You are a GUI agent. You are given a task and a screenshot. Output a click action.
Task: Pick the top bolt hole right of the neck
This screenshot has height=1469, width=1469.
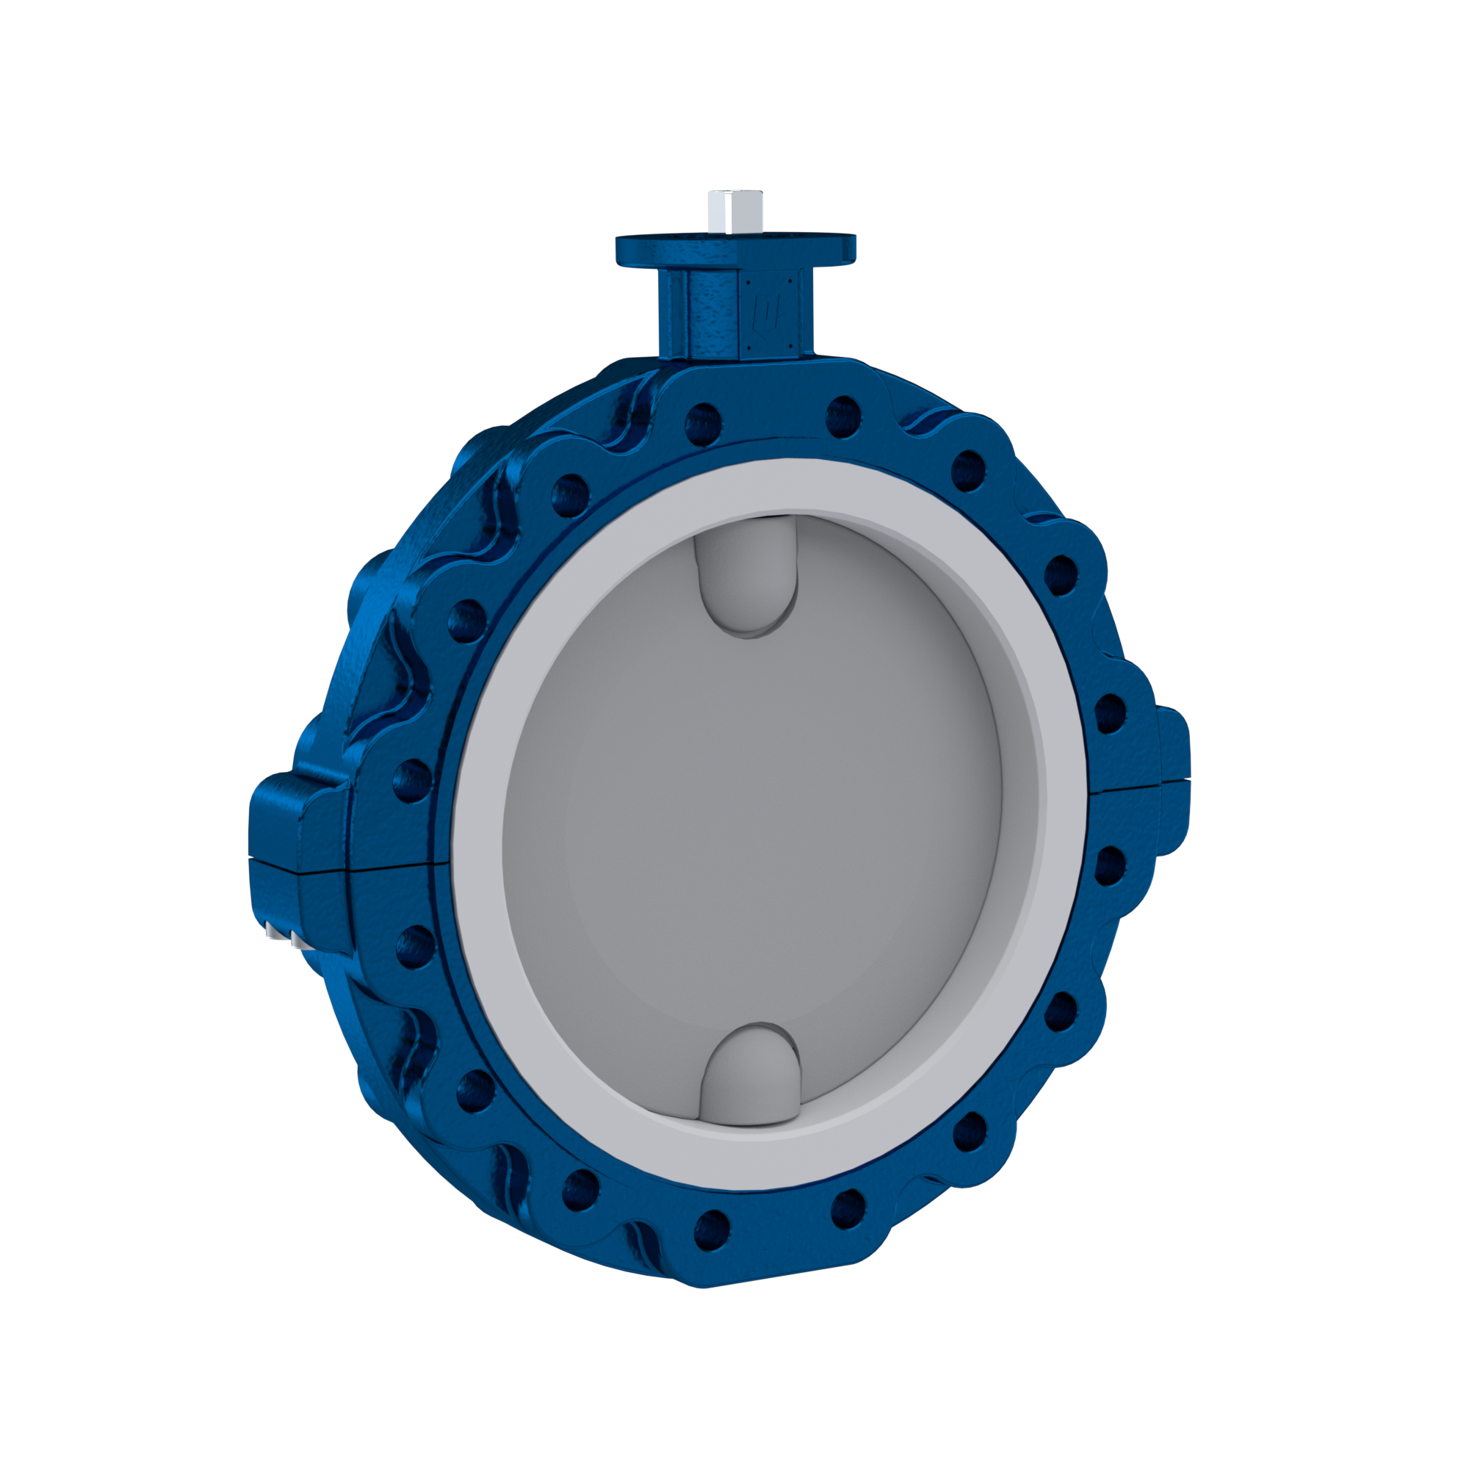[842, 416]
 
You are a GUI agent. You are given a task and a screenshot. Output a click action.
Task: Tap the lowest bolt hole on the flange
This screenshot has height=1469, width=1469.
[712, 1244]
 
